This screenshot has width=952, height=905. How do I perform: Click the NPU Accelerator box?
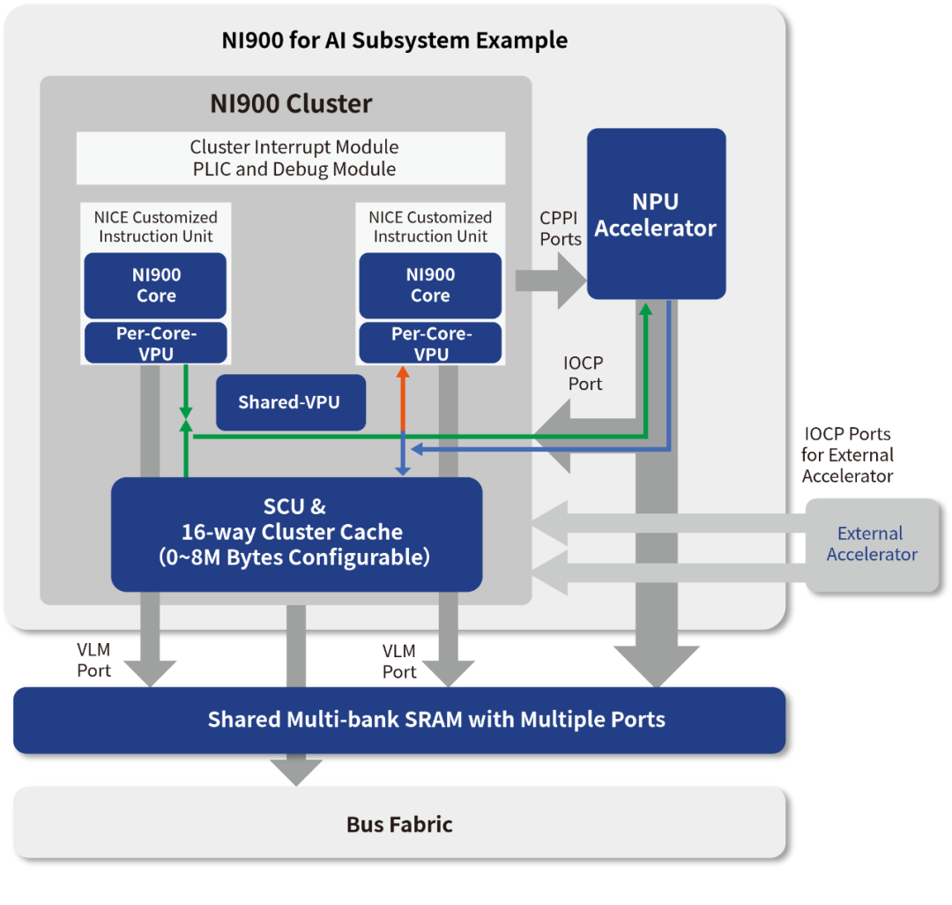click(x=657, y=213)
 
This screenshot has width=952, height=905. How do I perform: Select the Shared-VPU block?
click(x=291, y=402)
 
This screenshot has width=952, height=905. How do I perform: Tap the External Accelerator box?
click(x=873, y=544)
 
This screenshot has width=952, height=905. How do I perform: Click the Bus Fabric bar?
click(x=399, y=823)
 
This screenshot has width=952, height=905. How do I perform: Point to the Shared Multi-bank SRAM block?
click(x=399, y=720)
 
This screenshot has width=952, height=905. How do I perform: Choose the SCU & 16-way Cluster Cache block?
click(x=297, y=534)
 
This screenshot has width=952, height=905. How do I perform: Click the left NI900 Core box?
click(x=155, y=286)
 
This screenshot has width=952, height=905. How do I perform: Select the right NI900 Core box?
click(x=430, y=286)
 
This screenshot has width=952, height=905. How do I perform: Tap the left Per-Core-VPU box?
click(x=155, y=343)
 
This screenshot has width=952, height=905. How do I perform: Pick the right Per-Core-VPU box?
click(x=430, y=343)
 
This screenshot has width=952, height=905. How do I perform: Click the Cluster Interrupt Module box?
click(x=291, y=158)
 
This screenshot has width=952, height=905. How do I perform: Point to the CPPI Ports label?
click(x=560, y=228)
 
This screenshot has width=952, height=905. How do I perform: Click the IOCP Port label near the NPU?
click(x=584, y=373)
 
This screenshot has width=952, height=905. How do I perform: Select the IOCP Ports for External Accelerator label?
click(x=848, y=455)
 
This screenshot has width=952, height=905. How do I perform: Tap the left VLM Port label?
click(x=93, y=660)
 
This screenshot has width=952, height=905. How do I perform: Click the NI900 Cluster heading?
click(x=291, y=104)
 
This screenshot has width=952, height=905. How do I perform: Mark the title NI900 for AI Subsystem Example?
click(x=395, y=41)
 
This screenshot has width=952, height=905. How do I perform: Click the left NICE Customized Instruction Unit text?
click(x=155, y=227)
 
